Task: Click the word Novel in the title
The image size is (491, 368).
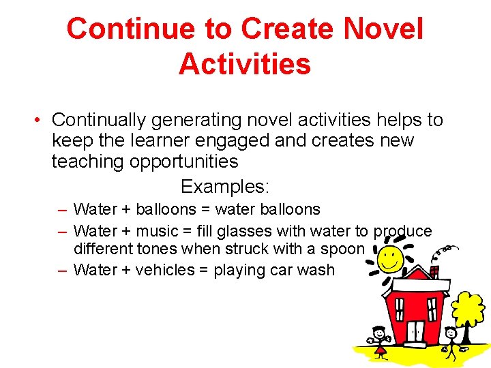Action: pyautogui.click(x=384, y=29)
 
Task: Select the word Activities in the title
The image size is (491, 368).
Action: pyautogui.click(x=245, y=63)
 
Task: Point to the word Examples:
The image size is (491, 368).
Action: pyautogui.click(x=225, y=186)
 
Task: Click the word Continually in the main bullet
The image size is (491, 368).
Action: pyautogui.click(x=99, y=120)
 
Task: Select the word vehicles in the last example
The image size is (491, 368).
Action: pyautogui.click(x=165, y=270)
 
